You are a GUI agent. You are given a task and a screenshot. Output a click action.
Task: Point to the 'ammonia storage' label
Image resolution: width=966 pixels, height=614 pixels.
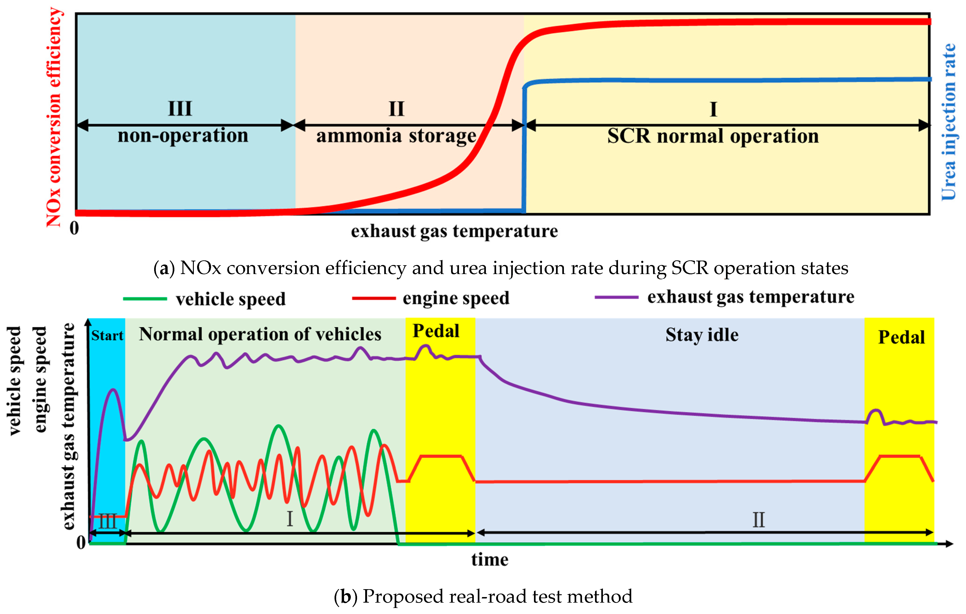[396, 136]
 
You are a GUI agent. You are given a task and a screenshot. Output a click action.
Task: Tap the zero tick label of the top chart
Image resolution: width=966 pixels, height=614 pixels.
[74, 228]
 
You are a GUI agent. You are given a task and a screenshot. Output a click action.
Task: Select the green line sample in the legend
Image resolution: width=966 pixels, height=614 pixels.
[145, 299]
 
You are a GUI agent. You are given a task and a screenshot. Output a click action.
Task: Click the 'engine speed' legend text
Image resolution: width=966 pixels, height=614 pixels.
[456, 298]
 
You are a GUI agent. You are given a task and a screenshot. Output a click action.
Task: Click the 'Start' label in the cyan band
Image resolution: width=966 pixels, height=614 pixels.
[107, 335]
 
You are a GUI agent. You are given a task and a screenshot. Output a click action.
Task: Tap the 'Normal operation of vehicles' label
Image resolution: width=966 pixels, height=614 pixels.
[260, 334]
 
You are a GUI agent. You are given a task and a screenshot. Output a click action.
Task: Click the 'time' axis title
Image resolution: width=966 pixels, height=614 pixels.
[489, 559]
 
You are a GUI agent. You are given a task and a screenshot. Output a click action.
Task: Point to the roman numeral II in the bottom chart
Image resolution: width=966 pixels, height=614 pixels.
[758, 520]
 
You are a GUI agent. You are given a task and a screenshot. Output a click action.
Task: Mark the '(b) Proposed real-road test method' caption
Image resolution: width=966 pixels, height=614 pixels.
[483, 596]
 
